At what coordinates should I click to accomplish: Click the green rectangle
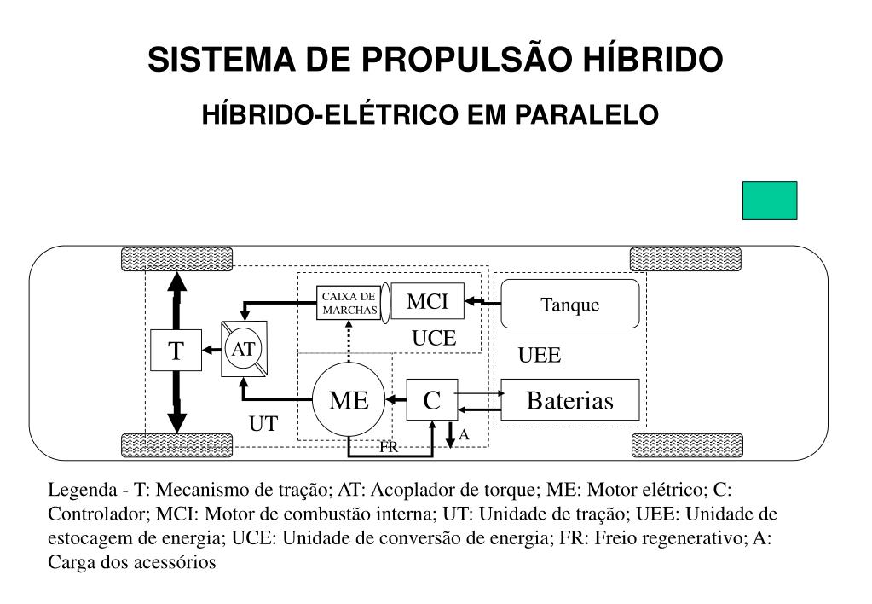click(770, 200)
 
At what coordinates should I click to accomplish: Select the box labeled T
click(176, 350)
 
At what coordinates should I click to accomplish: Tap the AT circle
click(244, 349)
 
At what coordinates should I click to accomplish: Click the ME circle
click(349, 399)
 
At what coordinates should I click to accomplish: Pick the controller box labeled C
click(432, 399)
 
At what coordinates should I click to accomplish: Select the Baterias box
click(569, 400)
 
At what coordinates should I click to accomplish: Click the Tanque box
click(569, 304)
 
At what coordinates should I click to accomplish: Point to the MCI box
click(427, 301)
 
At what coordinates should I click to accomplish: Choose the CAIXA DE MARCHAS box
click(349, 303)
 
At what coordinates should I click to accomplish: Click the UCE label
click(435, 338)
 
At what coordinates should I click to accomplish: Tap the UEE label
click(540, 356)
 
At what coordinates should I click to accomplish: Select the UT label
click(263, 424)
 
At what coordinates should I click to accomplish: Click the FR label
click(390, 447)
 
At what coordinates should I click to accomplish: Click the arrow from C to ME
click(396, 399)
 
